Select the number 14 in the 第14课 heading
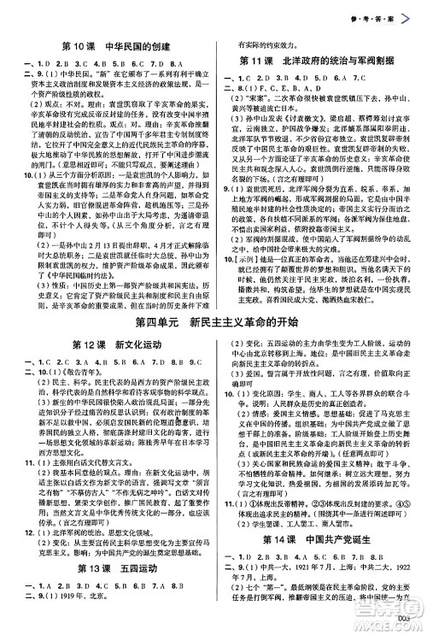click(283, 562)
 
